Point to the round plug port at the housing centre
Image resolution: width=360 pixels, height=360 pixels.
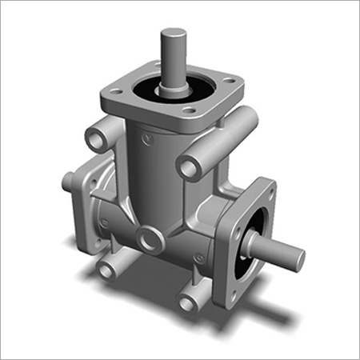(x=150, y=236)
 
